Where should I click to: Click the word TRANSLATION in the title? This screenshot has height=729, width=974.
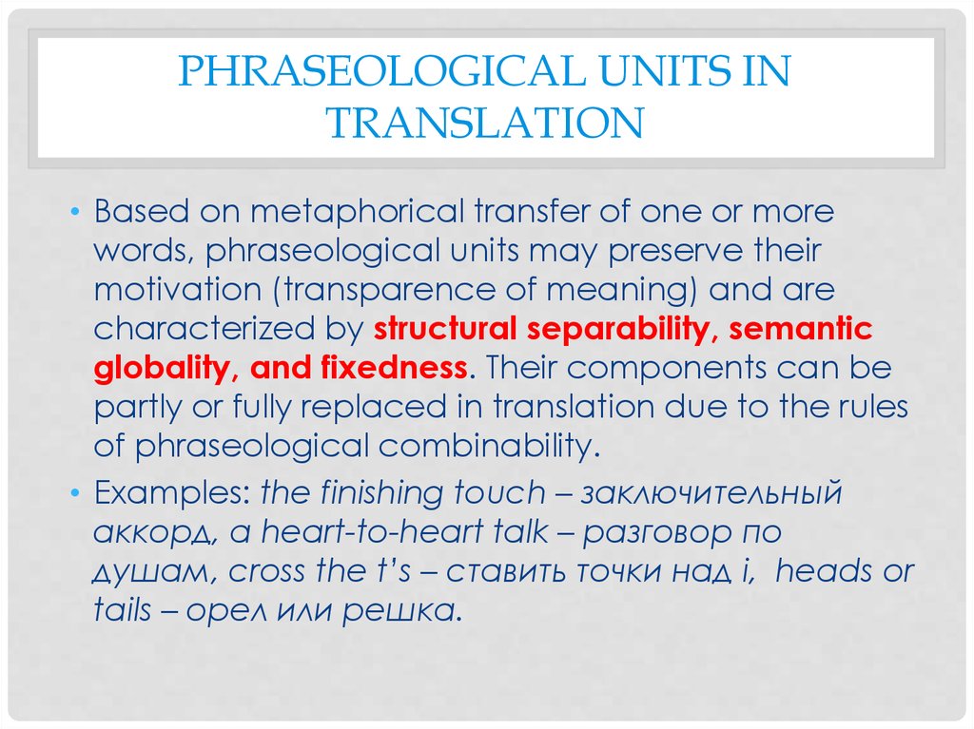coord(485,123)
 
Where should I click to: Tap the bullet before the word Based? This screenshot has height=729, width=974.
coord(75,212)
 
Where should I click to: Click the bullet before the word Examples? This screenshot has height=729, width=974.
coord(75,493)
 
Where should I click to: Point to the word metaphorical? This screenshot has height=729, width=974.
coord(358,212)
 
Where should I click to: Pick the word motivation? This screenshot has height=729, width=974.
coord(178,290)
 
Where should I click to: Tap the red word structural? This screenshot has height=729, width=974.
coord(445,329)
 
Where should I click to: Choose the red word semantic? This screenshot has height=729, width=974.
coord(801,329)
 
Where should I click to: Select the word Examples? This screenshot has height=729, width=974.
coord(171,494)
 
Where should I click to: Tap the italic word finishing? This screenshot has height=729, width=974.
coord(381,494)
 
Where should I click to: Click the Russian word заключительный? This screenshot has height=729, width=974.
coord(711,494)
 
